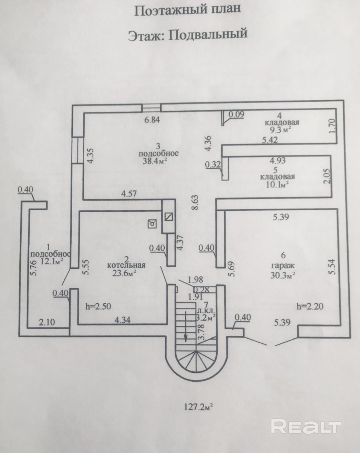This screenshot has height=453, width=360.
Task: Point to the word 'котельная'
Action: pos(126,265)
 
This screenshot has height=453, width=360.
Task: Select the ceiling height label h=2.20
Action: pos(310,306)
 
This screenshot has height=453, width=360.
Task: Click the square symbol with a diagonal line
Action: pos(168,217)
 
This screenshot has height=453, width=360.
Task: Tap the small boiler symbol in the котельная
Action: pos(152,224)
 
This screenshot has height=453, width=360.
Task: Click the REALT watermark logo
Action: pos(305,427)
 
